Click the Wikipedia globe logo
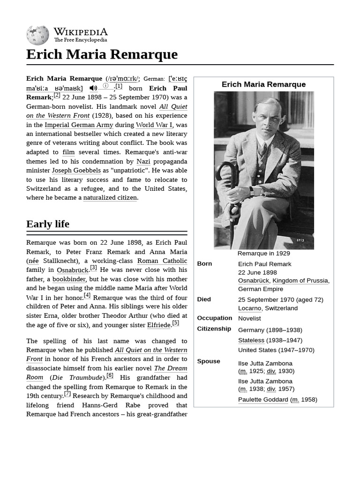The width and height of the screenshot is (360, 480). tap(37, 36)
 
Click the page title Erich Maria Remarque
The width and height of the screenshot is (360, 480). tap(102, 54)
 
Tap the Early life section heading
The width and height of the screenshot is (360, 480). tap(48, 224)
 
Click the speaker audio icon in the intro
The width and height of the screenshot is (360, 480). tap(93, 88)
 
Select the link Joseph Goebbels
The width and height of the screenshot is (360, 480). tap(76, 171)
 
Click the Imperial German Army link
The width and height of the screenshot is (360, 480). tap(79, 125)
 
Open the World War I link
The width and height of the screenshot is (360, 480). tap(154, 125)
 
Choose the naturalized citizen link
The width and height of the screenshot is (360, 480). tap(110, 198)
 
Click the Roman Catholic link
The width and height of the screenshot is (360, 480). tap(162, 261)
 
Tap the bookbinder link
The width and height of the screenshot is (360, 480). tap(69, 279)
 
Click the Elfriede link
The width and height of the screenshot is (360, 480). tap(158, 325)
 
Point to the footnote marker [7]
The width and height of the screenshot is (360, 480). tap(67, 394)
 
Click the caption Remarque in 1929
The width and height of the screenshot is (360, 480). tap(263, 254)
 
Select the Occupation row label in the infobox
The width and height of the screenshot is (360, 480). tap(214, 318)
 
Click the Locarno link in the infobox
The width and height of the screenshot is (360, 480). tap(249, 308)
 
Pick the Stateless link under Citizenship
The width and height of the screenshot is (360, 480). tap(251, 340)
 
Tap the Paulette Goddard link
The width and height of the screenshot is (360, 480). tap(263, 400)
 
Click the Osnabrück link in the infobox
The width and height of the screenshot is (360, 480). tap(253, 281)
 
